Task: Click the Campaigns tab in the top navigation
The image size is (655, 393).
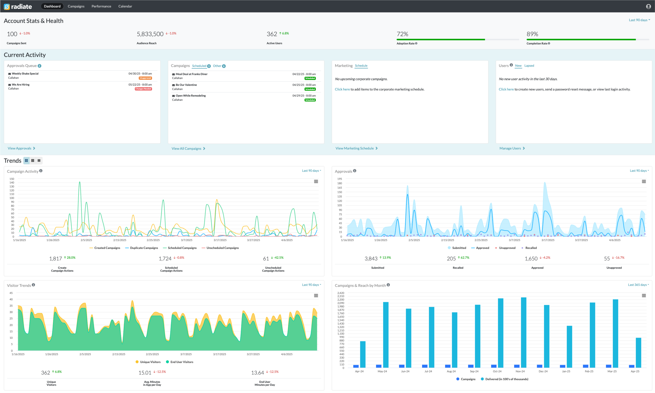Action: click(x=76, y=6)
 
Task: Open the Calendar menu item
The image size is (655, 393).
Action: click(x=125, y=6)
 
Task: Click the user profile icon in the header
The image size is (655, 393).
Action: click(x=648, y=6)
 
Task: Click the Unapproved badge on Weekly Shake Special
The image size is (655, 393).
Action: click(x=145, y=78)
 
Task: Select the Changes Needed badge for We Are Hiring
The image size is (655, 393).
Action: click(x=143, y=89)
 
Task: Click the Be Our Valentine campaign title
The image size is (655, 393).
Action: click(x=186, y=85)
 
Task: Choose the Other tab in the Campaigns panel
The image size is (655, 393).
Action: click(x=217, y=66)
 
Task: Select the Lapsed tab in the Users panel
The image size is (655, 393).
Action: click(x=529, y=66)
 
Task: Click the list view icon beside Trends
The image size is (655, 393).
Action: click(x=39, y=160)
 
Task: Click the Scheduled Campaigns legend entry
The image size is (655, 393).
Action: click(x=182, y=248)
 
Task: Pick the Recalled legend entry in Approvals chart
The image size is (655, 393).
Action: click(x=531, y=248)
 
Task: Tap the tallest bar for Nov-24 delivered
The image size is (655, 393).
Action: click(x=524, y=332)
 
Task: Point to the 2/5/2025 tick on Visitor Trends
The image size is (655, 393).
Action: click(x=85, y=354)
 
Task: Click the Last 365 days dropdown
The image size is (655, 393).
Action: click(x=638, y=285)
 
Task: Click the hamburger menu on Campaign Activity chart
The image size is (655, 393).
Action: click(x=316, y=181)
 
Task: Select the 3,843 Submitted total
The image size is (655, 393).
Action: click(x=371, y=259)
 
